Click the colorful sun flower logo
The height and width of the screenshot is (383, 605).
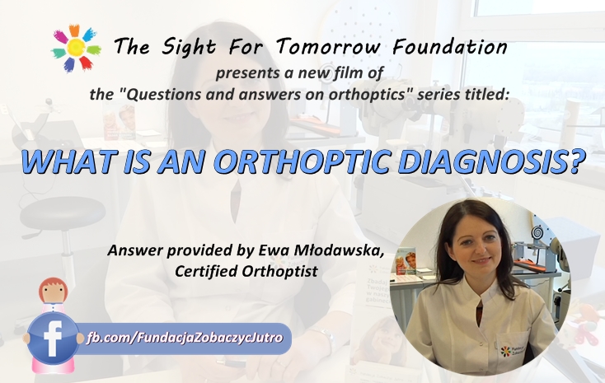pos(76,49)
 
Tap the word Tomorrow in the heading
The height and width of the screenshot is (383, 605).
pos(328,47)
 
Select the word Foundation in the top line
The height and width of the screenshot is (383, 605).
pos(450,47)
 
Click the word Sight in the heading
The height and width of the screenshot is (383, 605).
pos(189,48)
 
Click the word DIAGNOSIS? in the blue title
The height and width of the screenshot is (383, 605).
pos(491,161)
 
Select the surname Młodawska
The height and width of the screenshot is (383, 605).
pos(339,250)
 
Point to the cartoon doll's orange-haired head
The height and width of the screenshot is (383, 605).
pos(54,292)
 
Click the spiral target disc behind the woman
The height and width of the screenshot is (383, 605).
pos(537,231)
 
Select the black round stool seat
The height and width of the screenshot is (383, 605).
pos(63,213)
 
